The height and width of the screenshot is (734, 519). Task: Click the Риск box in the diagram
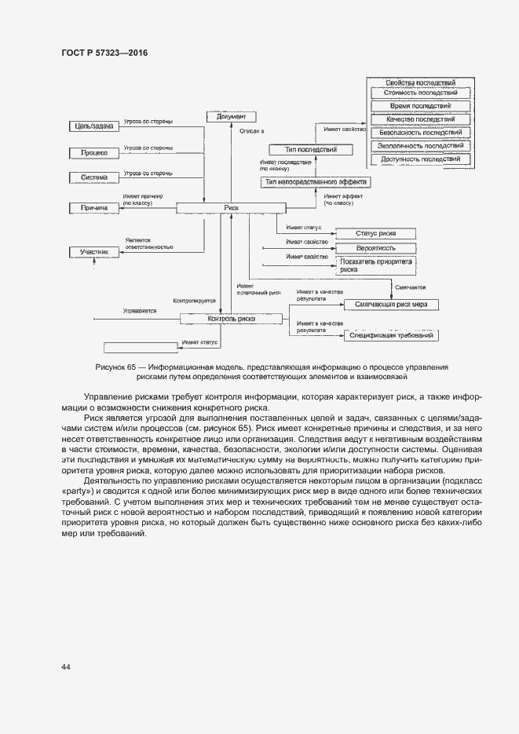coord(232,208)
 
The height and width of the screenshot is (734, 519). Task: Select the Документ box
coord(232,116)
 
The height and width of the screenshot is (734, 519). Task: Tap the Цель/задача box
coord(93,126)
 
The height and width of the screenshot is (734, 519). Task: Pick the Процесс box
coord(93,152)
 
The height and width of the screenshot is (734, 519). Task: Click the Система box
coord(93,177)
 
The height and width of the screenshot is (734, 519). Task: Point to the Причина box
coord(93,208)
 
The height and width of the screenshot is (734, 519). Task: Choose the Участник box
coord(93,252)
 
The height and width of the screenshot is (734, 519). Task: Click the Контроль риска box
coord(231,319)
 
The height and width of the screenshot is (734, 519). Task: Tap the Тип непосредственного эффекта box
coord(316,182)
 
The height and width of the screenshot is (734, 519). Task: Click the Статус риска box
coord(375,233)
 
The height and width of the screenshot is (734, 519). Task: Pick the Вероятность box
coord(375,247)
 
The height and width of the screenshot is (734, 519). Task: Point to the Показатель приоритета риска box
coord(375,265)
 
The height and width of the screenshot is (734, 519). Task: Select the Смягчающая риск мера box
coord(390,304)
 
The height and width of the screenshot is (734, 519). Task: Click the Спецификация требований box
coord(390,335)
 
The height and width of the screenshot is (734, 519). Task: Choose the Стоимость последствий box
coord(420,93)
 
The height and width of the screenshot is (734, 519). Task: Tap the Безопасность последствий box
coord(420,133)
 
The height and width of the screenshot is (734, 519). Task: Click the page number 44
coord(66,667)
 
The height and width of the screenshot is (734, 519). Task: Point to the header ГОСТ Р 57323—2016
coord(104,53)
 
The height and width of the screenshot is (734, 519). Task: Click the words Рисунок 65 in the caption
coord(115,367)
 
